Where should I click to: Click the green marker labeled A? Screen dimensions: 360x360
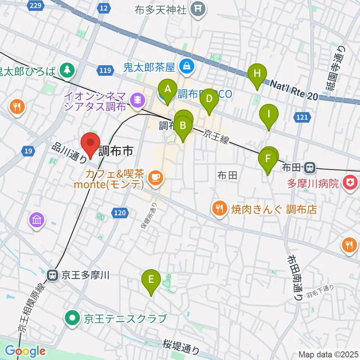[168, 90]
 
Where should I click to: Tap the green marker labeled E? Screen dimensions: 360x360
[151, 280]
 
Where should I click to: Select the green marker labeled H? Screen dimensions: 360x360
[257, 73]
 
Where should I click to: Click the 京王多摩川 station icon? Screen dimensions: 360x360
[52, 276]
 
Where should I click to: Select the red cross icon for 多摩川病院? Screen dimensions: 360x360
[350, 184]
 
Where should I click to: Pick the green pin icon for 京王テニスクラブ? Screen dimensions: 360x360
[72, 319]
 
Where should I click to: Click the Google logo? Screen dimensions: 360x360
[25, 351]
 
